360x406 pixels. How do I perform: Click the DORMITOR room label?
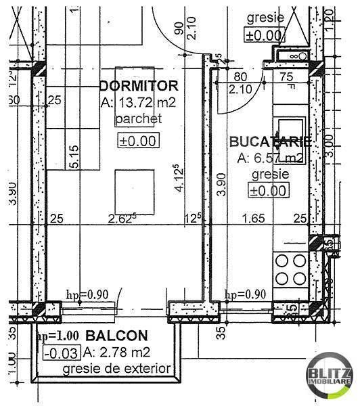[x=139, y=86]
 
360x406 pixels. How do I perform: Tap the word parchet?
[x=139, y=119]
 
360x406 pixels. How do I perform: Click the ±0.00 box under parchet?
[x=138, y=141]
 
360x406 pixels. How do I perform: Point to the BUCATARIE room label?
[x=270, y=142]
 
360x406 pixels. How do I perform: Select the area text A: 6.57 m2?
[x=270, y=158]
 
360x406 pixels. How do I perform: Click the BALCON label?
[x=116, y=336]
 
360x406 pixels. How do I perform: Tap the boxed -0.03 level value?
[x=61, y=352]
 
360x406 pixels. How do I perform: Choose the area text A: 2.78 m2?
[x=116, y=352]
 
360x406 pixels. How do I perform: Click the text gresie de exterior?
[x=116, y=369]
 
